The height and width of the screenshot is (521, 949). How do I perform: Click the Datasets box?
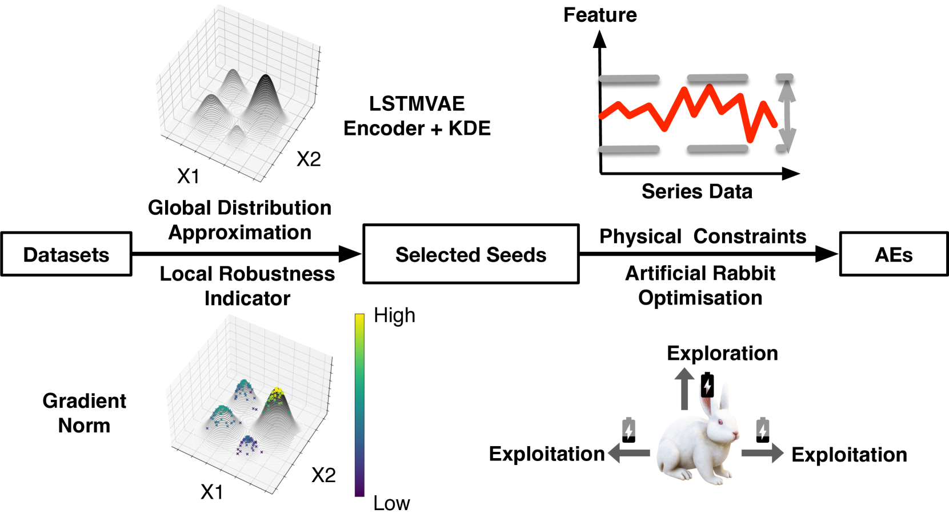(66, 254)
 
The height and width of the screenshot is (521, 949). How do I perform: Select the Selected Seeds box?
(471, 254)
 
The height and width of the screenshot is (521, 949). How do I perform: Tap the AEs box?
(894, 254)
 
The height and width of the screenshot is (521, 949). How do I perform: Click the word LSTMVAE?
(417, 104)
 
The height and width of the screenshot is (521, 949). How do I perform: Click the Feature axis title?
(600, 15)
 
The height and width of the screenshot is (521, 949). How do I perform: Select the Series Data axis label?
(696, 191)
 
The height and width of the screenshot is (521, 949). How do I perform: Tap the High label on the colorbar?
(394, 315)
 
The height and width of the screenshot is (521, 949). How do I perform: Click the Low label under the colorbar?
(391, 503)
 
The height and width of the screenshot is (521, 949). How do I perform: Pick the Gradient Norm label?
(84, 413)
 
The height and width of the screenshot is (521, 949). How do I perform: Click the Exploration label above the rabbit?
(722, 353)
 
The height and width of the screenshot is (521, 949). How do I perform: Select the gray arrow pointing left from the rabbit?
(629, 453)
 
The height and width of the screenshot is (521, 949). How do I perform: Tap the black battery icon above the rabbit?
(707, 385)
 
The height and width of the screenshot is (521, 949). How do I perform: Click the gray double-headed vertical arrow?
(787, 114)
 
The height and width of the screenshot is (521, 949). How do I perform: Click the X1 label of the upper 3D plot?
(188, 177)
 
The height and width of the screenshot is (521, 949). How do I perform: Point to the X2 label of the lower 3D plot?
(323, 475)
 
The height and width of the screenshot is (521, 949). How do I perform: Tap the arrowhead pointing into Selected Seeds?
(350, 254)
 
